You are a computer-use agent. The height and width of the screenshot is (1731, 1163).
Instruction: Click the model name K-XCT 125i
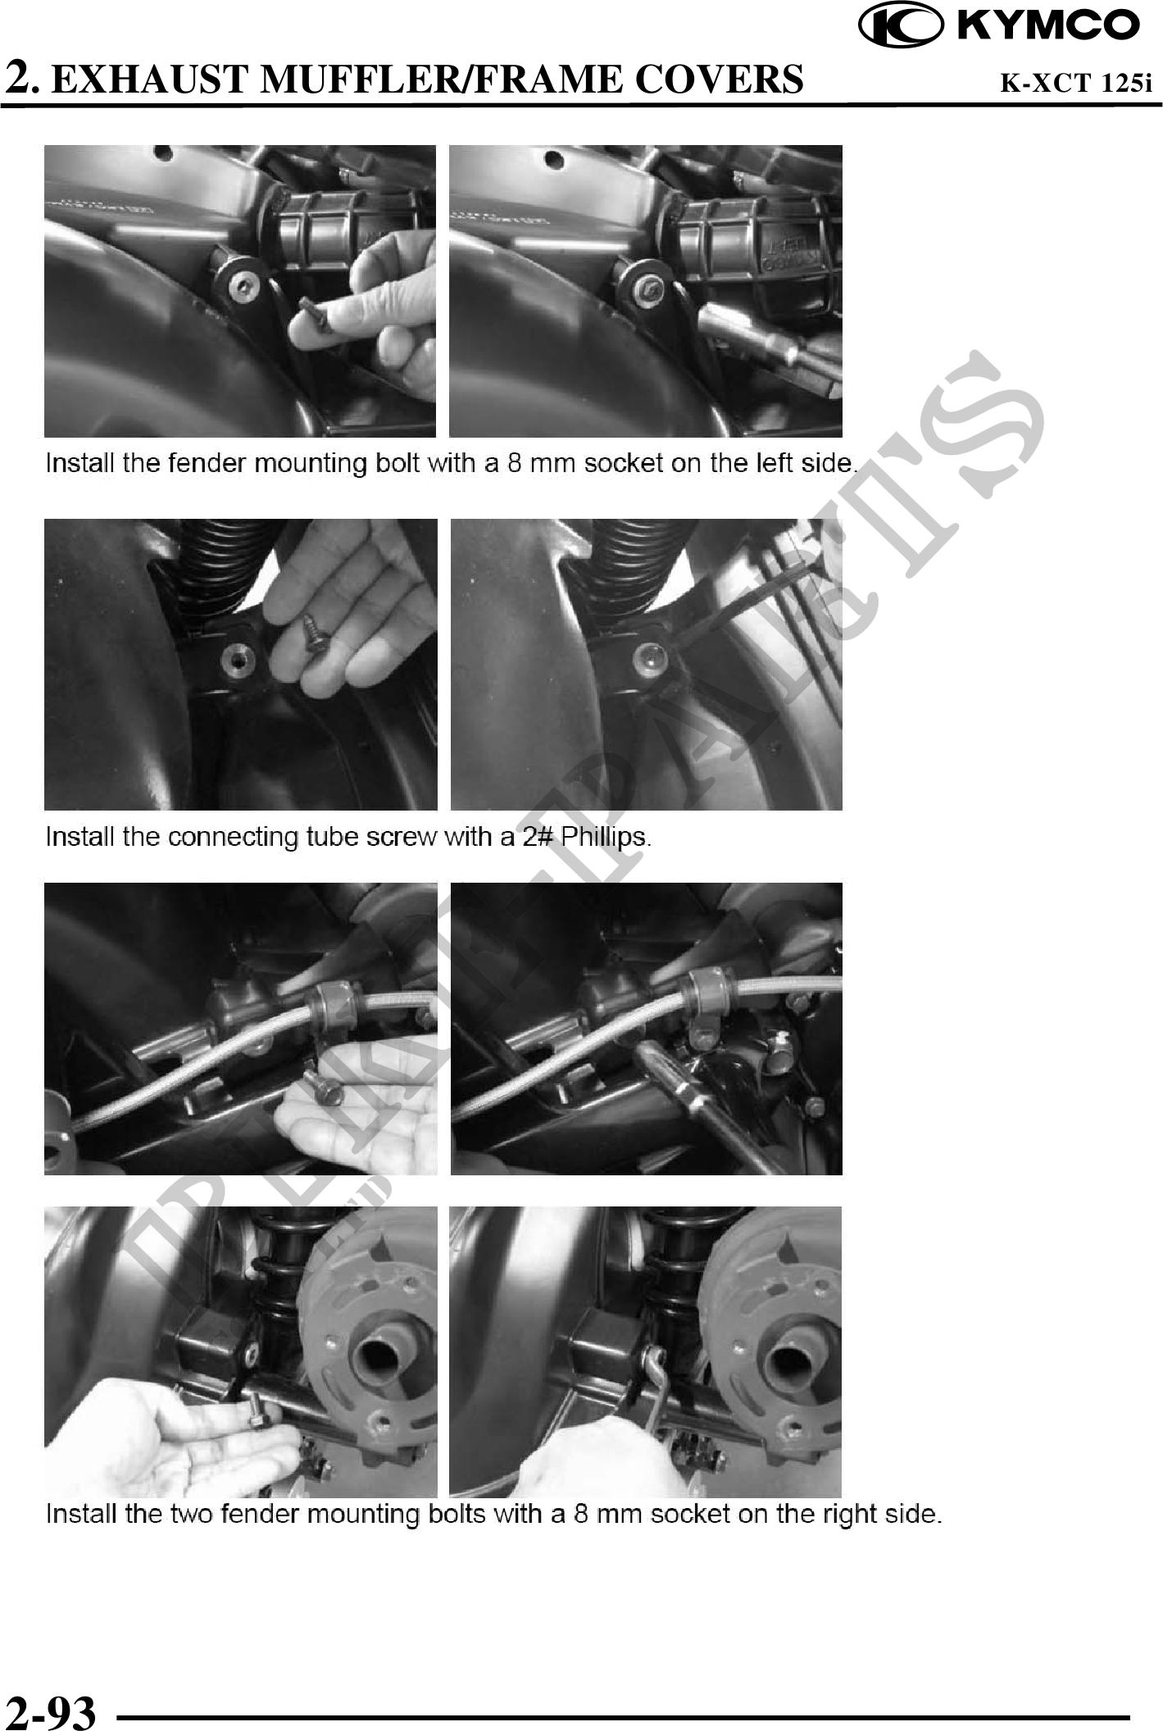pyautogui.click(x=1076, y=83)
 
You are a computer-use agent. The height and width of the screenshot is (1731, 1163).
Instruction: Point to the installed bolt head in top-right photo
pyautogui.click(x=647, y=284)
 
